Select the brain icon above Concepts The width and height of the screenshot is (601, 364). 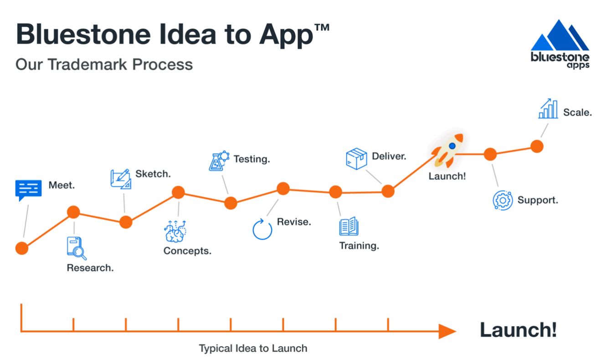175,231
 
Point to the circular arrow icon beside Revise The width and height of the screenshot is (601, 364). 262,229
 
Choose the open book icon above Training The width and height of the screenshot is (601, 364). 349,226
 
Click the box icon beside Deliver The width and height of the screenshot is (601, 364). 356,159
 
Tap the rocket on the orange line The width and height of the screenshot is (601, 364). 447,149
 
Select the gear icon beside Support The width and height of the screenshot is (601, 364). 503,200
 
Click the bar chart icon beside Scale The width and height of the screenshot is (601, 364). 548,109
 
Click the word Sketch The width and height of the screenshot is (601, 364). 153,174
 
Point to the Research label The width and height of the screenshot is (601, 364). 90,268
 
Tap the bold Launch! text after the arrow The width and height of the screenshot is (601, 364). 518,329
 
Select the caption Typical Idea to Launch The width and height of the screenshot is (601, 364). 253,349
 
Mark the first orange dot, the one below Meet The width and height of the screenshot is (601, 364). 21,248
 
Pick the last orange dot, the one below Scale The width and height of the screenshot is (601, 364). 537,146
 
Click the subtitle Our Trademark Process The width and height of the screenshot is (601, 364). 104,64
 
